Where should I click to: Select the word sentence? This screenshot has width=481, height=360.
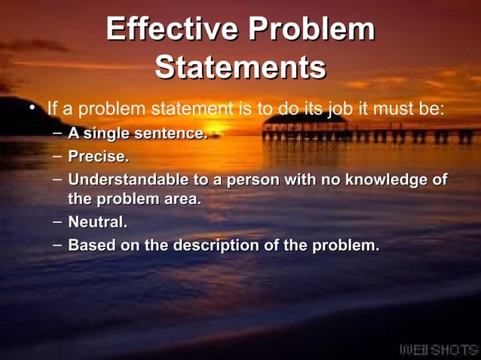pos(170,135)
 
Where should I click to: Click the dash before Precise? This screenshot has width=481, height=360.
pos(58,157)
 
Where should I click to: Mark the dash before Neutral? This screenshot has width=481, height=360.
pos(58,222)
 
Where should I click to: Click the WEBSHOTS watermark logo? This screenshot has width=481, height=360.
pos(437,349)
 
